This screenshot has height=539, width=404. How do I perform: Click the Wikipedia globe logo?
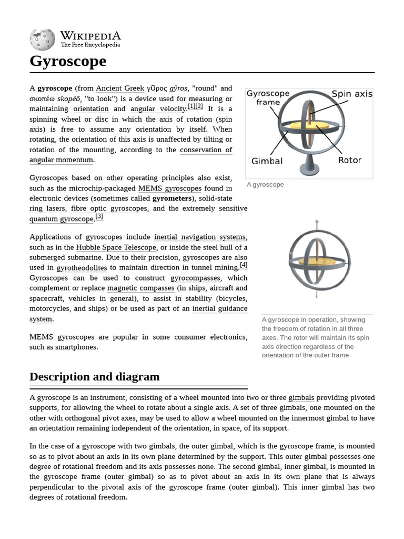coord(42,39)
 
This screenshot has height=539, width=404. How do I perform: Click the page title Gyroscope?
coord(68,61)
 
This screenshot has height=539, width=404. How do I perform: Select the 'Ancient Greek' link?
coord(120,88)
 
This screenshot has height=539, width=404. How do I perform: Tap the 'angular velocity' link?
coord(157,109)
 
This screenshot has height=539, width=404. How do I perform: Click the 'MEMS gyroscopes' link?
coord(169,188)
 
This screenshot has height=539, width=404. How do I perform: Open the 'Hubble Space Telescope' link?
coord(116,247)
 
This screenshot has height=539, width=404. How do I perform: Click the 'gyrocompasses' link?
coord(196,278)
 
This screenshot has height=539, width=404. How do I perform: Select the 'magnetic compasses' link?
coord(140,288)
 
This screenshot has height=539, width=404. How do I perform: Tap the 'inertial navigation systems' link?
coord(200,237)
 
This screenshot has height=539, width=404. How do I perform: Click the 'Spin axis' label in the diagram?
coord(351,94)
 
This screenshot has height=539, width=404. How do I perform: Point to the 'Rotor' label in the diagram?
coord(349,160)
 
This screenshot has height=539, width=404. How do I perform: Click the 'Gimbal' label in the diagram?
coord(267,161)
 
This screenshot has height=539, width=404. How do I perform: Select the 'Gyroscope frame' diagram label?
coord(268,97)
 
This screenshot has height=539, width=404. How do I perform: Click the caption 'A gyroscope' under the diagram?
coord(265,185)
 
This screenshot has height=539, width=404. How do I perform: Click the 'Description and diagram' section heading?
coord(95,377)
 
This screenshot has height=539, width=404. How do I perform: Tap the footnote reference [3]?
coord(99,216)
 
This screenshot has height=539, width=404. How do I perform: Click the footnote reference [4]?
coord(244,265)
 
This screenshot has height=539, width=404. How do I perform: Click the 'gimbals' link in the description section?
coord(301,397)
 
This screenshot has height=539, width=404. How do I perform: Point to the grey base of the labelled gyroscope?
coord(309,168)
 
